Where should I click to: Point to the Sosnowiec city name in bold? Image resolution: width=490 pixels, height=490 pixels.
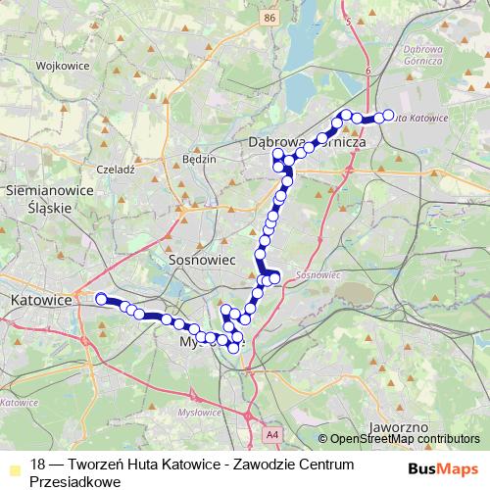tap(199, 262)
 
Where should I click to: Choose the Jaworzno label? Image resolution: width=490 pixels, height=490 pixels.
tap(396, 428)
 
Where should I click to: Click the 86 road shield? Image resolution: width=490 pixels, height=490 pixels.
tap(269, 18)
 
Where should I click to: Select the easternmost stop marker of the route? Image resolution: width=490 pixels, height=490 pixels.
tap(388, 116)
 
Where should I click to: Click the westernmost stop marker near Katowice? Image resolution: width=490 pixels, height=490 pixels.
tap(100, 298)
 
